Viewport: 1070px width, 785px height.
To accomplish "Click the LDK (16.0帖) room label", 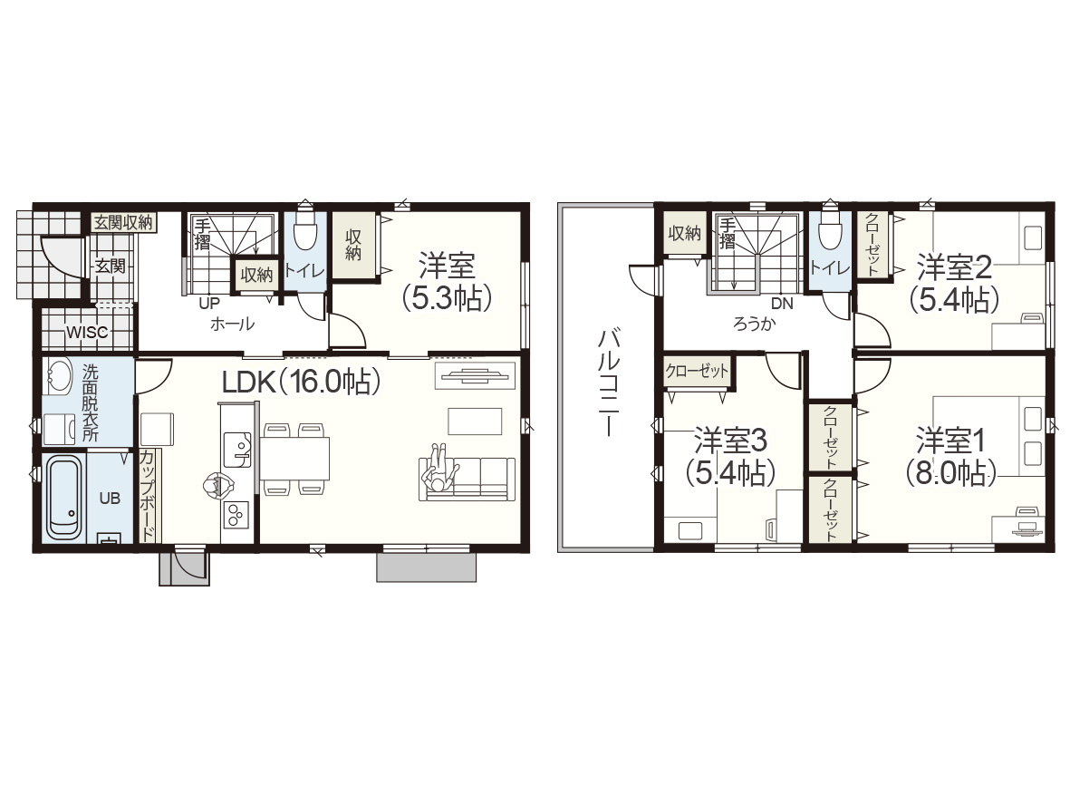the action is click(301, 382).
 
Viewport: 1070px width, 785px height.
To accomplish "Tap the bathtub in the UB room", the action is click(63, 496).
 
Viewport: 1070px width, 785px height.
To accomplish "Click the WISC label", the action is click(87, 333).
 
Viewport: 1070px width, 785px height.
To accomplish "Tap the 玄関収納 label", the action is click(123, 222).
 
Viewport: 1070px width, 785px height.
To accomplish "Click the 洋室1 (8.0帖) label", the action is click(950, 456).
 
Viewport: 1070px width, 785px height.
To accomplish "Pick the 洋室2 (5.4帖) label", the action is click(954, 283).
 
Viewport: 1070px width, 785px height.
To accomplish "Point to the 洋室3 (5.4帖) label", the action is click(730, 456).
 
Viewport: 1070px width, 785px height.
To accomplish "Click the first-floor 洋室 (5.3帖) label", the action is click(447, 281).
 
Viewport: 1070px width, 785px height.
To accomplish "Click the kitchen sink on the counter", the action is click(236, 449).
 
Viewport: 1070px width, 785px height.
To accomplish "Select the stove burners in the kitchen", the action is click(236, 514).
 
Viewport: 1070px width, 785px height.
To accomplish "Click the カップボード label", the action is click(148, 496).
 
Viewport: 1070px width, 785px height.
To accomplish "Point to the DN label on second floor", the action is click(782, 304).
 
